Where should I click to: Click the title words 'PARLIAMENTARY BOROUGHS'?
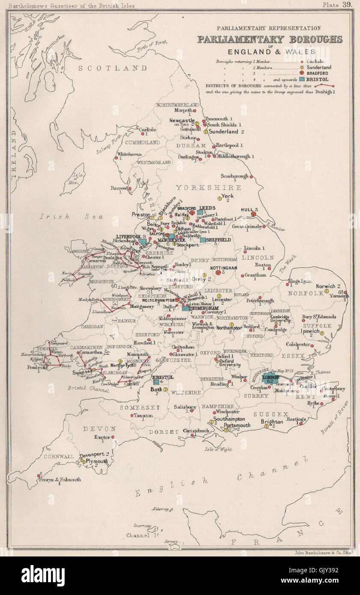click(x=270, y=39)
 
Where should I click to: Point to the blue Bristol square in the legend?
click(x=302, y=79)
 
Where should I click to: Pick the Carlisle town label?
click(x=147, y=129)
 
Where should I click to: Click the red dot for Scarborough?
click(x=251, y=176)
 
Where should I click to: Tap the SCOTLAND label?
click(x=112, y=68)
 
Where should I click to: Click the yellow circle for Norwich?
click(x=327, y=291)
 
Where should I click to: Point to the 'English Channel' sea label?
click(x=223, y=479)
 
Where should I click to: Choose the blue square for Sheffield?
click(x=202, y=240)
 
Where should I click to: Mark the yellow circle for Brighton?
click(x=267, y=426)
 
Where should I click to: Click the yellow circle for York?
click(x=219, y=198)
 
